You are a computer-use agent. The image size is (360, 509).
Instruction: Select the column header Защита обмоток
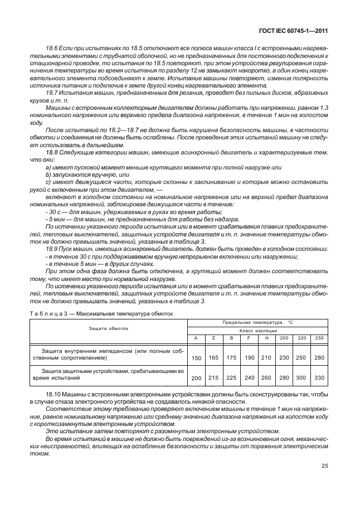point(108,328)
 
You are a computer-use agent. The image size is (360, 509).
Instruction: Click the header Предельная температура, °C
point(257,323)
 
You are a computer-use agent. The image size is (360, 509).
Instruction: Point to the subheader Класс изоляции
point(257,331)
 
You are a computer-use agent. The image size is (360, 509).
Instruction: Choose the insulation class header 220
point(301,338)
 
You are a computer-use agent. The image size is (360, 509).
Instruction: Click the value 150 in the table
point(196,357)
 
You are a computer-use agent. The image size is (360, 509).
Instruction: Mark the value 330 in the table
point(319,377)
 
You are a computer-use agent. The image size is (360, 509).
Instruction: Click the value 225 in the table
point(231,377)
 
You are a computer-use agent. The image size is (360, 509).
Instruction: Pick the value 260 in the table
point(266,377)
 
